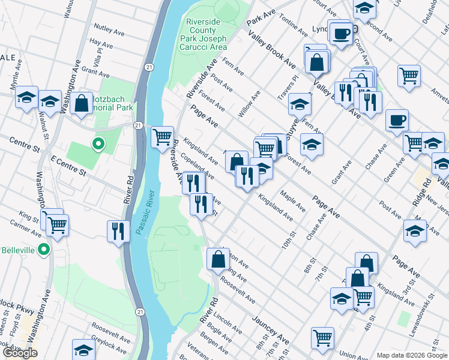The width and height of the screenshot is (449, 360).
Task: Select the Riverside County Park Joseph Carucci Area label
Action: pyautogui.click(x=206, y=34)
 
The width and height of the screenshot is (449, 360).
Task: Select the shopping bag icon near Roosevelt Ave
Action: pyautogui.click(x=217, y=259)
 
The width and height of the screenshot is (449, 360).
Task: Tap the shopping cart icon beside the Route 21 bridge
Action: pyautogui.click(x=162, y=137)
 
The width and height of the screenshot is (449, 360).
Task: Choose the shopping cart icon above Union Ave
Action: pyautogui.click(x=322, y=338)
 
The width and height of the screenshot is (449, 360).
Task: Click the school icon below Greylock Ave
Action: pyautogui.click(x=83, y=349)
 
